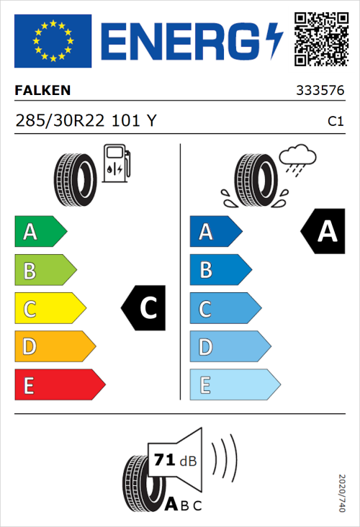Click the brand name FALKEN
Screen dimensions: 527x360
pos(43,91)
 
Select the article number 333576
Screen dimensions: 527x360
pos(319,91)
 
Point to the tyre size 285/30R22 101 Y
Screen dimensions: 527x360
pos(85,121)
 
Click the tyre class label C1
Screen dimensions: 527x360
pos(335,122)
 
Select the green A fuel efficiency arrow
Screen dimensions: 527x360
pos(40,232)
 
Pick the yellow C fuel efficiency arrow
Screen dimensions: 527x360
pos(49,309)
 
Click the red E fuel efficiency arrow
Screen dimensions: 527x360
pos(59,385)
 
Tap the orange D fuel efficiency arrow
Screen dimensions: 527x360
pos(54,347)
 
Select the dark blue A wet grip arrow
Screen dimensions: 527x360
pos(215,232)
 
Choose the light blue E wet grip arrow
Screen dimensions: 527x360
pos(234,385)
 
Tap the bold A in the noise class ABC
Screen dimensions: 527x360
pos(171,505)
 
